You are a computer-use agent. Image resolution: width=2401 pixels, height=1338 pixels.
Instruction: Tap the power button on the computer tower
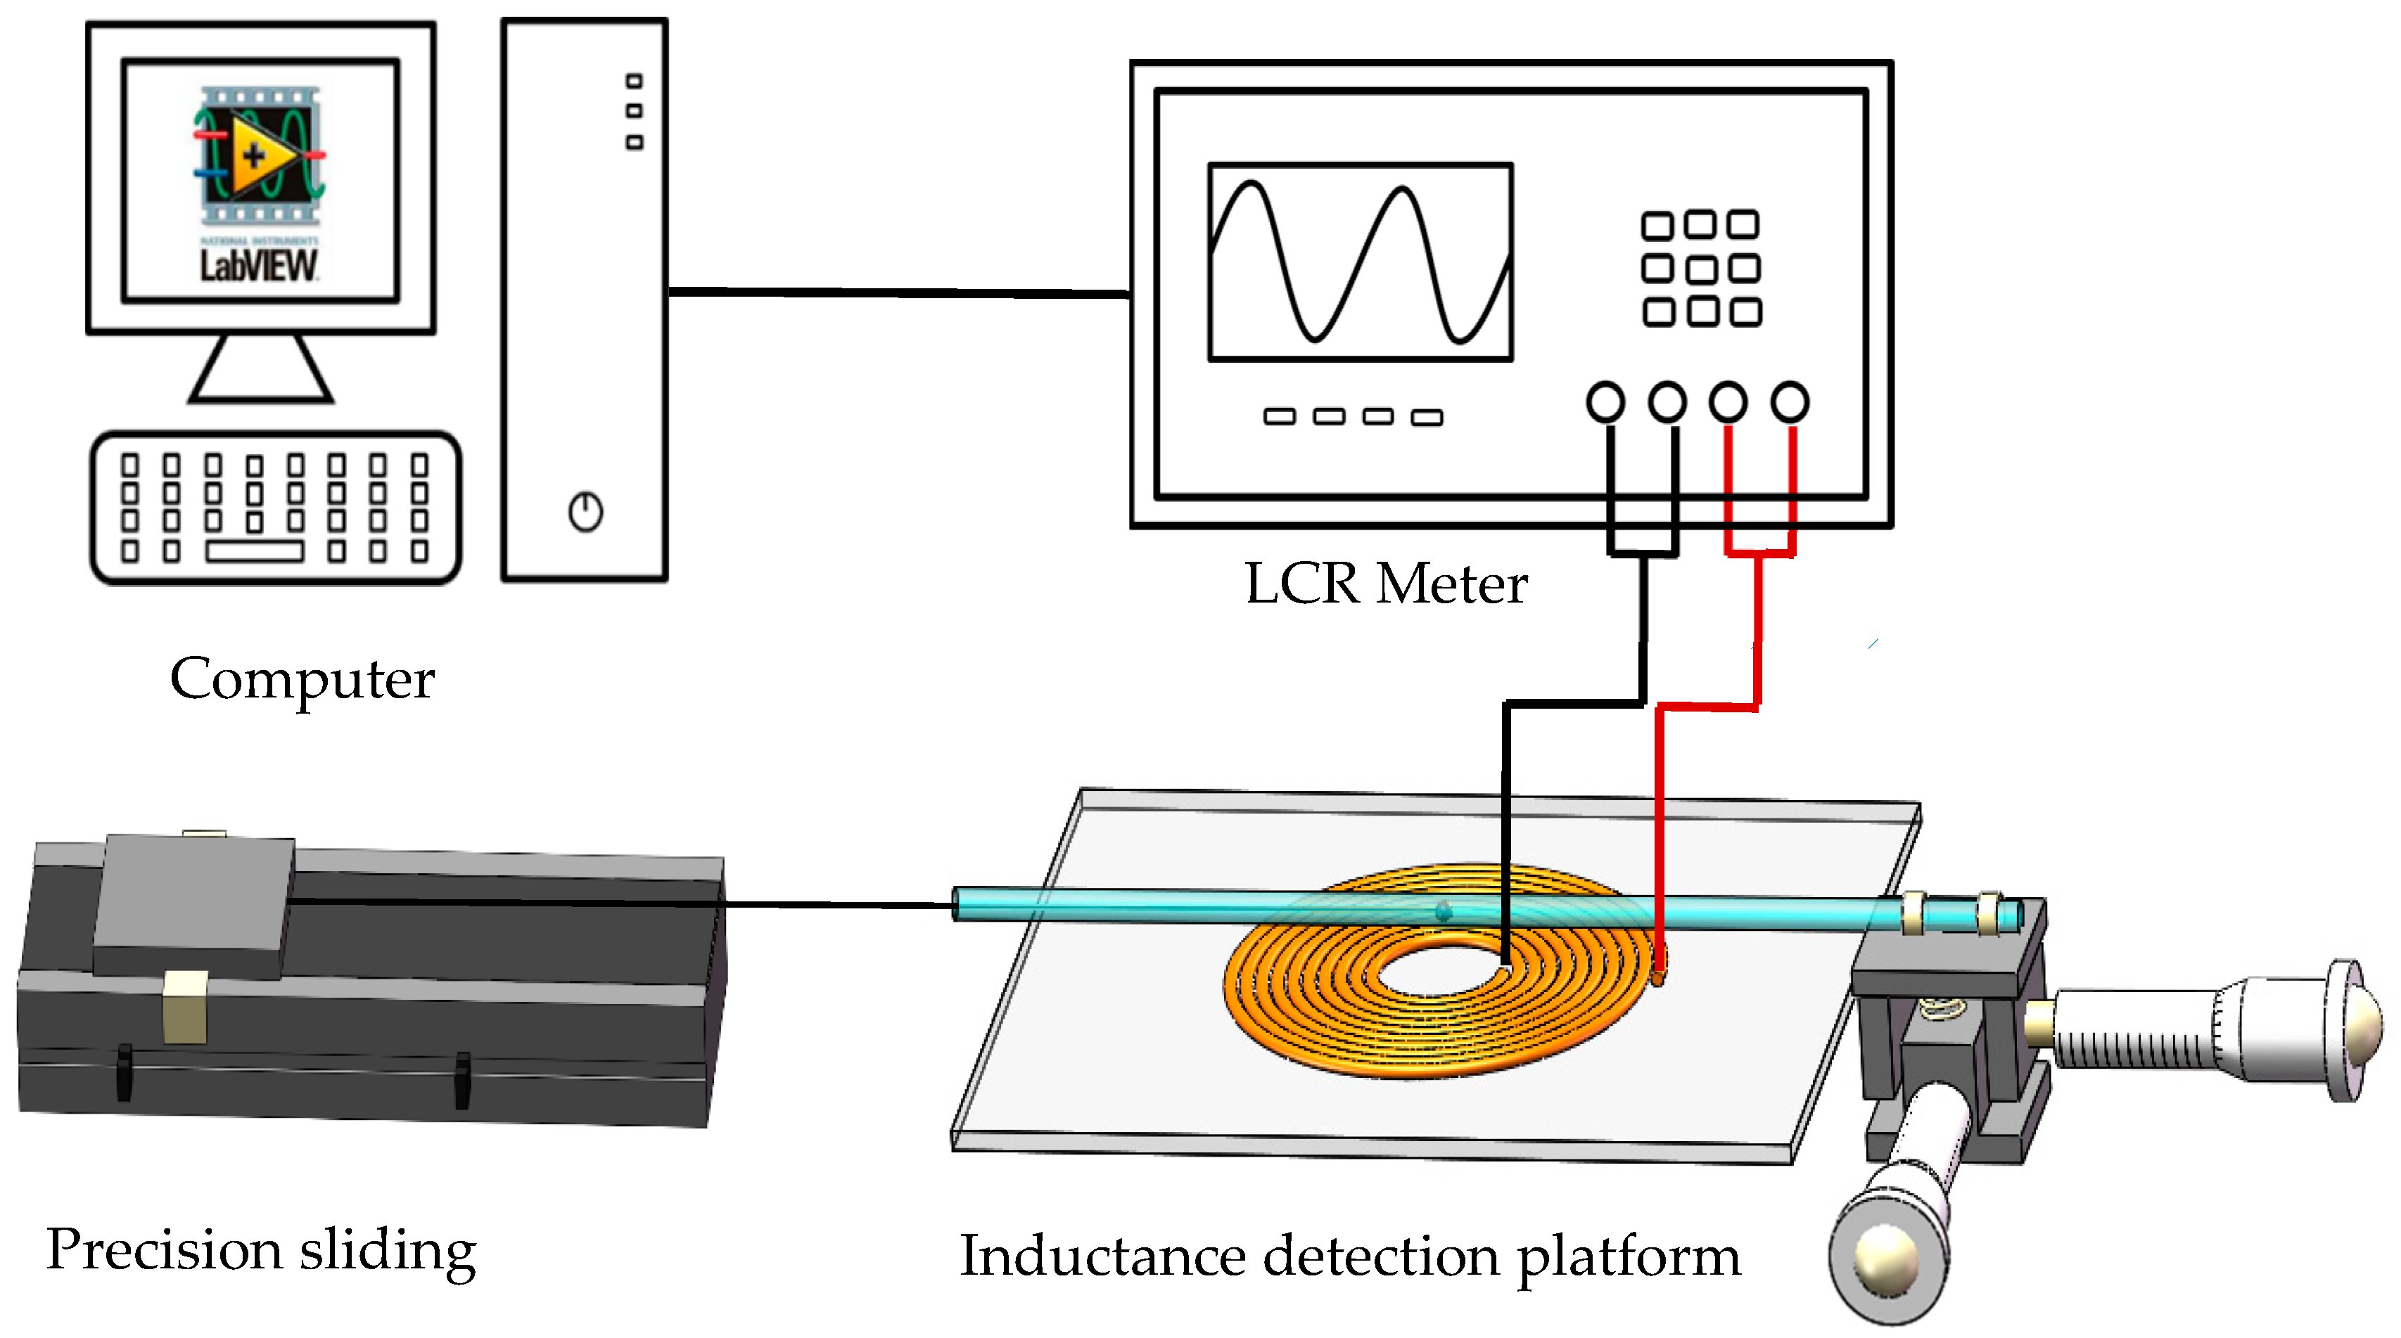[585, 512]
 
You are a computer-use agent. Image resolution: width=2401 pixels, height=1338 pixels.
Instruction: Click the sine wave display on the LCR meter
[1360, 262]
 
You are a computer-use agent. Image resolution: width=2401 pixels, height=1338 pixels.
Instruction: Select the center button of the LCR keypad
[1700, 269]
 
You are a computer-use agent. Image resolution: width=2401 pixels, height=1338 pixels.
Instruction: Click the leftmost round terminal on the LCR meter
[1605, 402]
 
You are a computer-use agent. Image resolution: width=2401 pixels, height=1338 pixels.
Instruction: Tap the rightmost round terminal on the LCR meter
[1790, 402]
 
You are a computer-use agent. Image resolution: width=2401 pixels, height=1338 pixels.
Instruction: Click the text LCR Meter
[1386, 584]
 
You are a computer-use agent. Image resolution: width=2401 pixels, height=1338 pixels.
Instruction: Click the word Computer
[302, 679]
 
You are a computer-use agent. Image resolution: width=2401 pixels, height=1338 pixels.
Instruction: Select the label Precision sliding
[261, 1250]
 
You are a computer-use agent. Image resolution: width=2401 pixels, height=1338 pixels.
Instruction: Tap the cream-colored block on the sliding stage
[184, 1006]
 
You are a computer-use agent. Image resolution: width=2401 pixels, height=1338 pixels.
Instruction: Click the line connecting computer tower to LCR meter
[900, 292]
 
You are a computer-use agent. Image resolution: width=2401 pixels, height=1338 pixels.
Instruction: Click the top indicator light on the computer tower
[634, 81]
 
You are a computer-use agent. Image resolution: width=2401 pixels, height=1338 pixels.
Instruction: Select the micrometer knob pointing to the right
[2349, 1029]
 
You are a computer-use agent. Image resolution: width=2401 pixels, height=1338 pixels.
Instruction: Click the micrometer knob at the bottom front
[1887, 1258]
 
